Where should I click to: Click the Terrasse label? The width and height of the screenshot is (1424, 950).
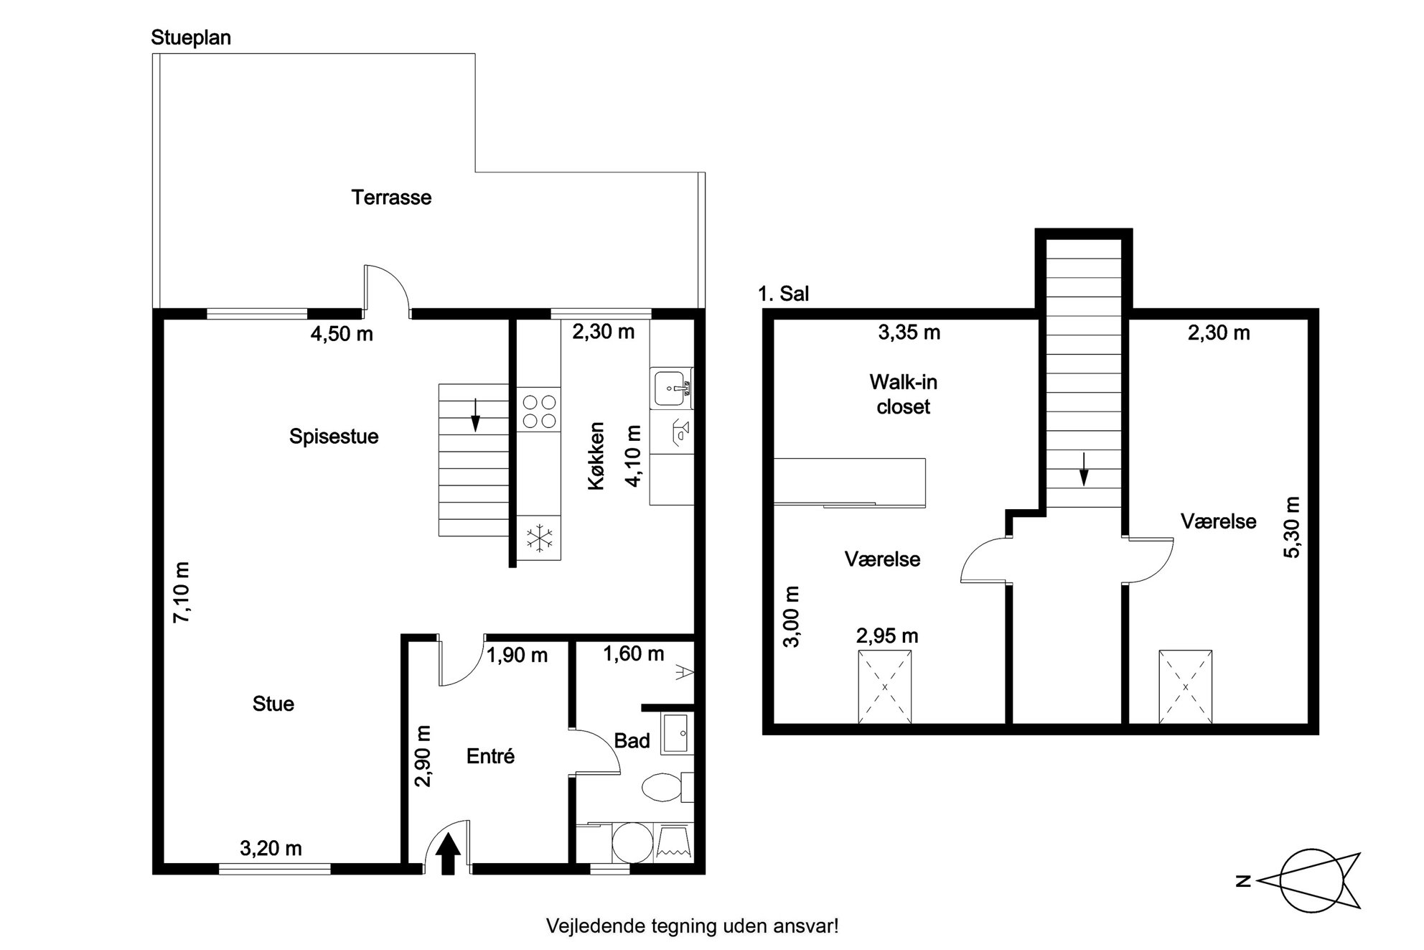[x=391, y=197]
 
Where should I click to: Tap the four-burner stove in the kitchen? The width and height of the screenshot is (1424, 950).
[x=539, y=410]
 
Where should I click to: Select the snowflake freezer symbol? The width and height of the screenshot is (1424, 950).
[x=539, y=538]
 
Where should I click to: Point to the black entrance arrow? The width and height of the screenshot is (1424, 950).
[x=449, y=853]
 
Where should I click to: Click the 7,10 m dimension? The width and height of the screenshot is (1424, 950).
[x=182, y=592]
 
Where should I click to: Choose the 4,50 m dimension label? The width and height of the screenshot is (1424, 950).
[x=342, y=334]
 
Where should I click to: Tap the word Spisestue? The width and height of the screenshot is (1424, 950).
[x=334, y=437]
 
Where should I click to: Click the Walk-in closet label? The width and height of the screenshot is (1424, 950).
[x=903, y=394]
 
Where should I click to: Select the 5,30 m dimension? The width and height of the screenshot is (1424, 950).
[x=1291, y=527]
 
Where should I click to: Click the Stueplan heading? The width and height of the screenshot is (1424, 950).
[x=191, y=38]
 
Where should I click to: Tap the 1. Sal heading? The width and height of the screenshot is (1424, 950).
[x=784, y=294]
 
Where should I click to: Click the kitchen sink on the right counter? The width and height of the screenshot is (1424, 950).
[x=671, y=388]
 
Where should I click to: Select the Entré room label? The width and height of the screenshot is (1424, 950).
[x=490, y=756]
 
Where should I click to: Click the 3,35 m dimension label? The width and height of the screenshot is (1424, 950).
[x=909, y=332]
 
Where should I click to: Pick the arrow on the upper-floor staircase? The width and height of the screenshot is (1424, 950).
[x=1084, y=470]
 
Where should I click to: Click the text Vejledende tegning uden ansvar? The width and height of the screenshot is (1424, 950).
[x=692, y=926]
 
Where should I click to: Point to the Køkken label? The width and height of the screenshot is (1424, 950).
[x=596, y=456]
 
